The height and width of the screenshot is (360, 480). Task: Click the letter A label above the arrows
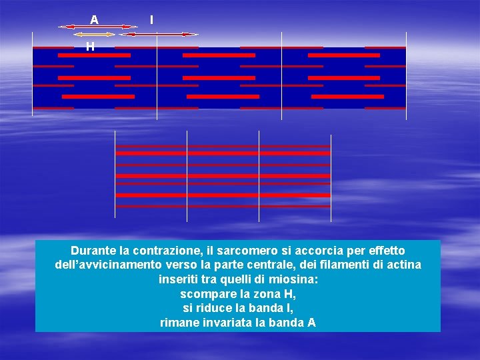point(94,20)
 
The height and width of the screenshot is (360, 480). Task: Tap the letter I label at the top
point(151,20)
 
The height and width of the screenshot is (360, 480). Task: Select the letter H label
point(89,47)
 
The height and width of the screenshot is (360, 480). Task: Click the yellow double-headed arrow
point(95,33)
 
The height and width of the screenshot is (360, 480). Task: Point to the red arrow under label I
point(158,33)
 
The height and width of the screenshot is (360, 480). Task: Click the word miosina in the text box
point(295,279)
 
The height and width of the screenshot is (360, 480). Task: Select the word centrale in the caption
point(277,265)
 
